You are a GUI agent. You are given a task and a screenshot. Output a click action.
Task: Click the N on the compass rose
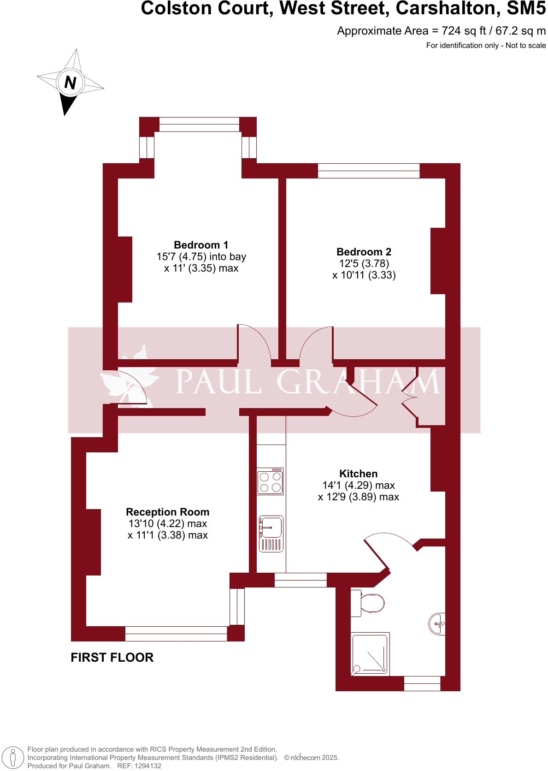pyautogui.click(x=70, y=83)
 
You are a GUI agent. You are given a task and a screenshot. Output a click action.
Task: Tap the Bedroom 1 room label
pyautogui.click(x=201, y=245)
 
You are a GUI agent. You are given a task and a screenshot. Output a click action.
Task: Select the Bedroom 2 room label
pyautogui.click(x=364, y=252)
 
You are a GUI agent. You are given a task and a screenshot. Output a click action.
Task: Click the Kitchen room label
pyautogui.click(x=358, y=474)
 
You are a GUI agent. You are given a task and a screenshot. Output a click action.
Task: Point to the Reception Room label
pyautogui.click(x=167, y=512)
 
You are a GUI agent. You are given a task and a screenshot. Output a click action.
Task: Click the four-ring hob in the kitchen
pyautogui.click(x=270, y=482)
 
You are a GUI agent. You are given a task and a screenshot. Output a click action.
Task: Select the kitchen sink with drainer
pyautogui.click(x=271, y=534)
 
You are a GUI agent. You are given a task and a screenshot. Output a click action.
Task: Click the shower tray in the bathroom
pyautogui.click(x=371, y=654)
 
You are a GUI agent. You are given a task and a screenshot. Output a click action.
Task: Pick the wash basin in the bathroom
pyautogui.click(x=437, y=624)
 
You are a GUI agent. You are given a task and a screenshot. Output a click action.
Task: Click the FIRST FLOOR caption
pyautogui.click(x=112, y=658)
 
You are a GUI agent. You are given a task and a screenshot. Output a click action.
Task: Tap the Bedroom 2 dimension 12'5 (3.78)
pyautogui.click(x=364, y=263)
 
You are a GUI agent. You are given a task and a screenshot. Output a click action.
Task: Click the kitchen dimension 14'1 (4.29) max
pyautogui.click(x=358, y=485)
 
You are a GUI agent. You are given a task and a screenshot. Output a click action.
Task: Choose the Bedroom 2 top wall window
pyautogui.click(x=368, y=171)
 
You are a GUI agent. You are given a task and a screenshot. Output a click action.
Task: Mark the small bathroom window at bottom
pyautogui.click(x=422, y=683)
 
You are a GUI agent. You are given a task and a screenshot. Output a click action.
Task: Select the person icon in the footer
pyautogui.click(x=13, y=758)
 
